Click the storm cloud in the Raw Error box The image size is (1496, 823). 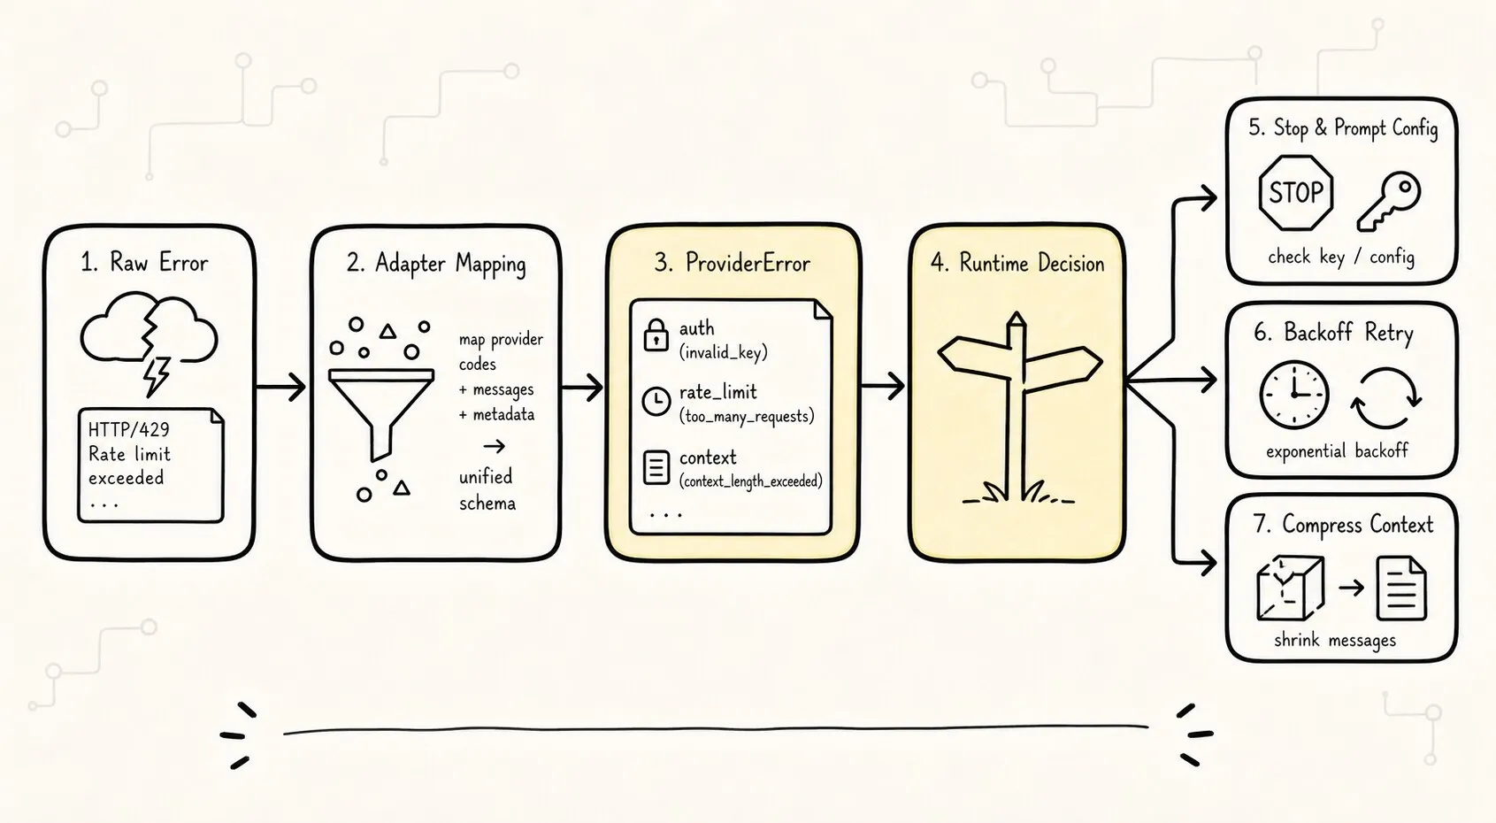[149, 331]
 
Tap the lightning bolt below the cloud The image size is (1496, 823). [157, 375]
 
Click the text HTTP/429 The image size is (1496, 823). [129, 429]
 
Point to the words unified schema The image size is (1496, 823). [487, 489]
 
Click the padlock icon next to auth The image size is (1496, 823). [656, 335]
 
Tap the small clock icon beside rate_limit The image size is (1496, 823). [656, 401]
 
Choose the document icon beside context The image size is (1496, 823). [656, 467]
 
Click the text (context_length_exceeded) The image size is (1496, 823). [751, 481]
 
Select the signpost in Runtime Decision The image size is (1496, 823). [1018, 407]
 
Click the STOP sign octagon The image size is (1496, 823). [1296, 193]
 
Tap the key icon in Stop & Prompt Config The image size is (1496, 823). [1389, 201]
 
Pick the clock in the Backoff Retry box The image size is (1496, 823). [1294, 395]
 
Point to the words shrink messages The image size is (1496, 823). [1335, 640]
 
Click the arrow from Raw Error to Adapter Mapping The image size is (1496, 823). [280, 386]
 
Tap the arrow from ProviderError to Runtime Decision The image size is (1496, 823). [882, 386]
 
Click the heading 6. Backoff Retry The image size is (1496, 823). [1333, 332]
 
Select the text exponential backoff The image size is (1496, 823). [1337, 451]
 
